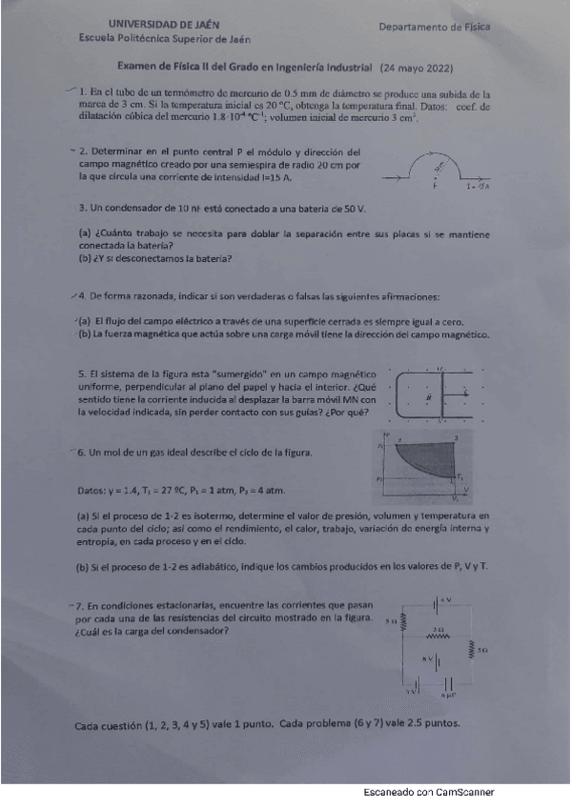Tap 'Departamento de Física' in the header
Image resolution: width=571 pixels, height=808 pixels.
point(434,28)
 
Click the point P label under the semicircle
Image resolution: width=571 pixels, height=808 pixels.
point(435,188)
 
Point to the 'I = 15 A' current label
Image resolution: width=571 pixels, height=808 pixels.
point(479,188)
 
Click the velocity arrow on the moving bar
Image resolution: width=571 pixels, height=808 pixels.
point(464,391)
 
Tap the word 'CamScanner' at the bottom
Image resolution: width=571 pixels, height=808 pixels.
point(463,792)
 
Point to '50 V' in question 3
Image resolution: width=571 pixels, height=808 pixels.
point(355,207)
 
